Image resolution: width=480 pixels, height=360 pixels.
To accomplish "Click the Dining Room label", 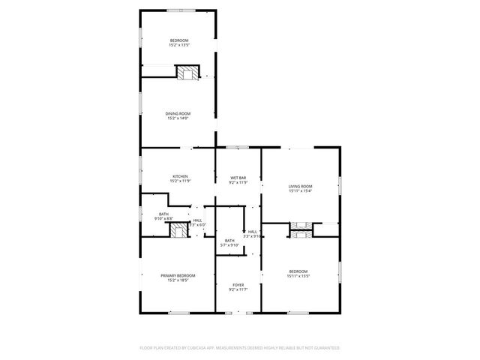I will point(178,113).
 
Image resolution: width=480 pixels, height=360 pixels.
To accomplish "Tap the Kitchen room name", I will point(178,176).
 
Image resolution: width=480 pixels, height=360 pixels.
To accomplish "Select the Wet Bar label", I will point(238,178).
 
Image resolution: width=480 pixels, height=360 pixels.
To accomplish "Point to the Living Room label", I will point(300,186).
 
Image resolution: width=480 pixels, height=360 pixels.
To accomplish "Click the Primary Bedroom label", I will point(178,275).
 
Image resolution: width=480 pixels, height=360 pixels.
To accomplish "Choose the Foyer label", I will point(238,285).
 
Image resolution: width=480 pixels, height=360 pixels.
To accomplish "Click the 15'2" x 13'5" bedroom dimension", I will point(178,45).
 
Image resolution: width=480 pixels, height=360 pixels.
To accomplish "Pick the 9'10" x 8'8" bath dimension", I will point(163,219).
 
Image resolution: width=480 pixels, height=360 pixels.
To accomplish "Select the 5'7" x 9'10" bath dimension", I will point(229,245).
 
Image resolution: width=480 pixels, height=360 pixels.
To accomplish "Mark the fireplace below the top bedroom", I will point(188,72).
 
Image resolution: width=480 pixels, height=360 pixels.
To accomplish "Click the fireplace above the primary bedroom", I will point(178,229).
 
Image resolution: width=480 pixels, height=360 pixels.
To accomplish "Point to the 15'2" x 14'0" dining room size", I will point(178,118).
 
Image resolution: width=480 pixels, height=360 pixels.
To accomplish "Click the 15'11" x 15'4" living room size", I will point(300,190).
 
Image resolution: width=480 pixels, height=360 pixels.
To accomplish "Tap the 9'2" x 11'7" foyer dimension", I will point(238,289).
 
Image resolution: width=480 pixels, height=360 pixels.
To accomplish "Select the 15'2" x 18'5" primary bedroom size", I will point(178,280).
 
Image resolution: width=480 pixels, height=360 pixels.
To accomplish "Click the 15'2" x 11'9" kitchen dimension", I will point(178,181).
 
